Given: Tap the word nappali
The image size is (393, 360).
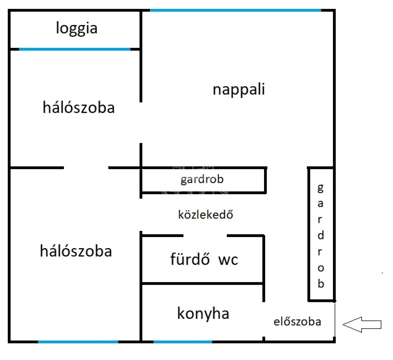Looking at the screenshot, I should point(238,90).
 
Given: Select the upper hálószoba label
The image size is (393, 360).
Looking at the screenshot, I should point(78,108).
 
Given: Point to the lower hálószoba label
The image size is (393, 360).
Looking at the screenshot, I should point(76,251).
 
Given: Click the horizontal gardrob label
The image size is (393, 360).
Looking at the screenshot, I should point(202,180).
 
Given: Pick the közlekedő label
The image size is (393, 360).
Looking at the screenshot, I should point(206,214).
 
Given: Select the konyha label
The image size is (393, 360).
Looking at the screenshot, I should point(203,313).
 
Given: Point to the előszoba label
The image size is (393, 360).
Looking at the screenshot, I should point(297,322).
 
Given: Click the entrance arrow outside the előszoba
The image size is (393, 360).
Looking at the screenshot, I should point(362,324).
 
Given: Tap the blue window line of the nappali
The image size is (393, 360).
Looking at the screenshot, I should point(236,10).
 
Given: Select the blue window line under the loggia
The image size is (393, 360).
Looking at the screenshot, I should point(75,49).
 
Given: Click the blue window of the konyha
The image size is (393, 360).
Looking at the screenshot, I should point(183,341).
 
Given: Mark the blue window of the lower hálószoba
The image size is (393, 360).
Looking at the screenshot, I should point(78,341).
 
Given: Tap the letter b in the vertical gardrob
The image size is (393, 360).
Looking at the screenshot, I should point(321,283).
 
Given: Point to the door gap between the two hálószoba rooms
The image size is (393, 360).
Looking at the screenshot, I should point(86,168).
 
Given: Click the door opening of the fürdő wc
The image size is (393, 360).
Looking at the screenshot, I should point(205,235).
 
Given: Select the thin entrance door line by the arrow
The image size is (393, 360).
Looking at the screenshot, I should point(335,321).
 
